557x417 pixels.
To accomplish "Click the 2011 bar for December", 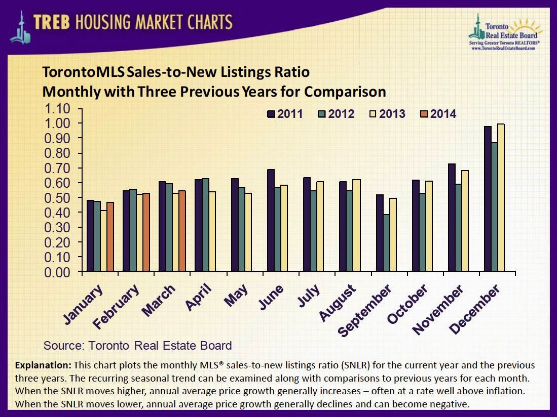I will (488, 199).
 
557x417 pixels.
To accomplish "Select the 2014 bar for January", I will (110, 237).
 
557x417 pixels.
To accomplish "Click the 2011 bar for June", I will (271, 221).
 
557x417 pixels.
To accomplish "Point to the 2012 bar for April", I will (205, 225).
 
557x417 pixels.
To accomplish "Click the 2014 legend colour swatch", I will (424, 114).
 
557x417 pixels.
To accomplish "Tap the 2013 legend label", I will (392, 114).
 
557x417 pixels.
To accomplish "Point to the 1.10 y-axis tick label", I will (56, 109).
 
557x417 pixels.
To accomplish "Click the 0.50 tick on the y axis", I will (56, 198).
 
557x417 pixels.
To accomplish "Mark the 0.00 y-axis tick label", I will (56, 272).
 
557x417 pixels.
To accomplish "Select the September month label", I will (365, 310).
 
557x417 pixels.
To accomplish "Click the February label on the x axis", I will (116, 306).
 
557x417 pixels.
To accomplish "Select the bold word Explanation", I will (43, 365).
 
